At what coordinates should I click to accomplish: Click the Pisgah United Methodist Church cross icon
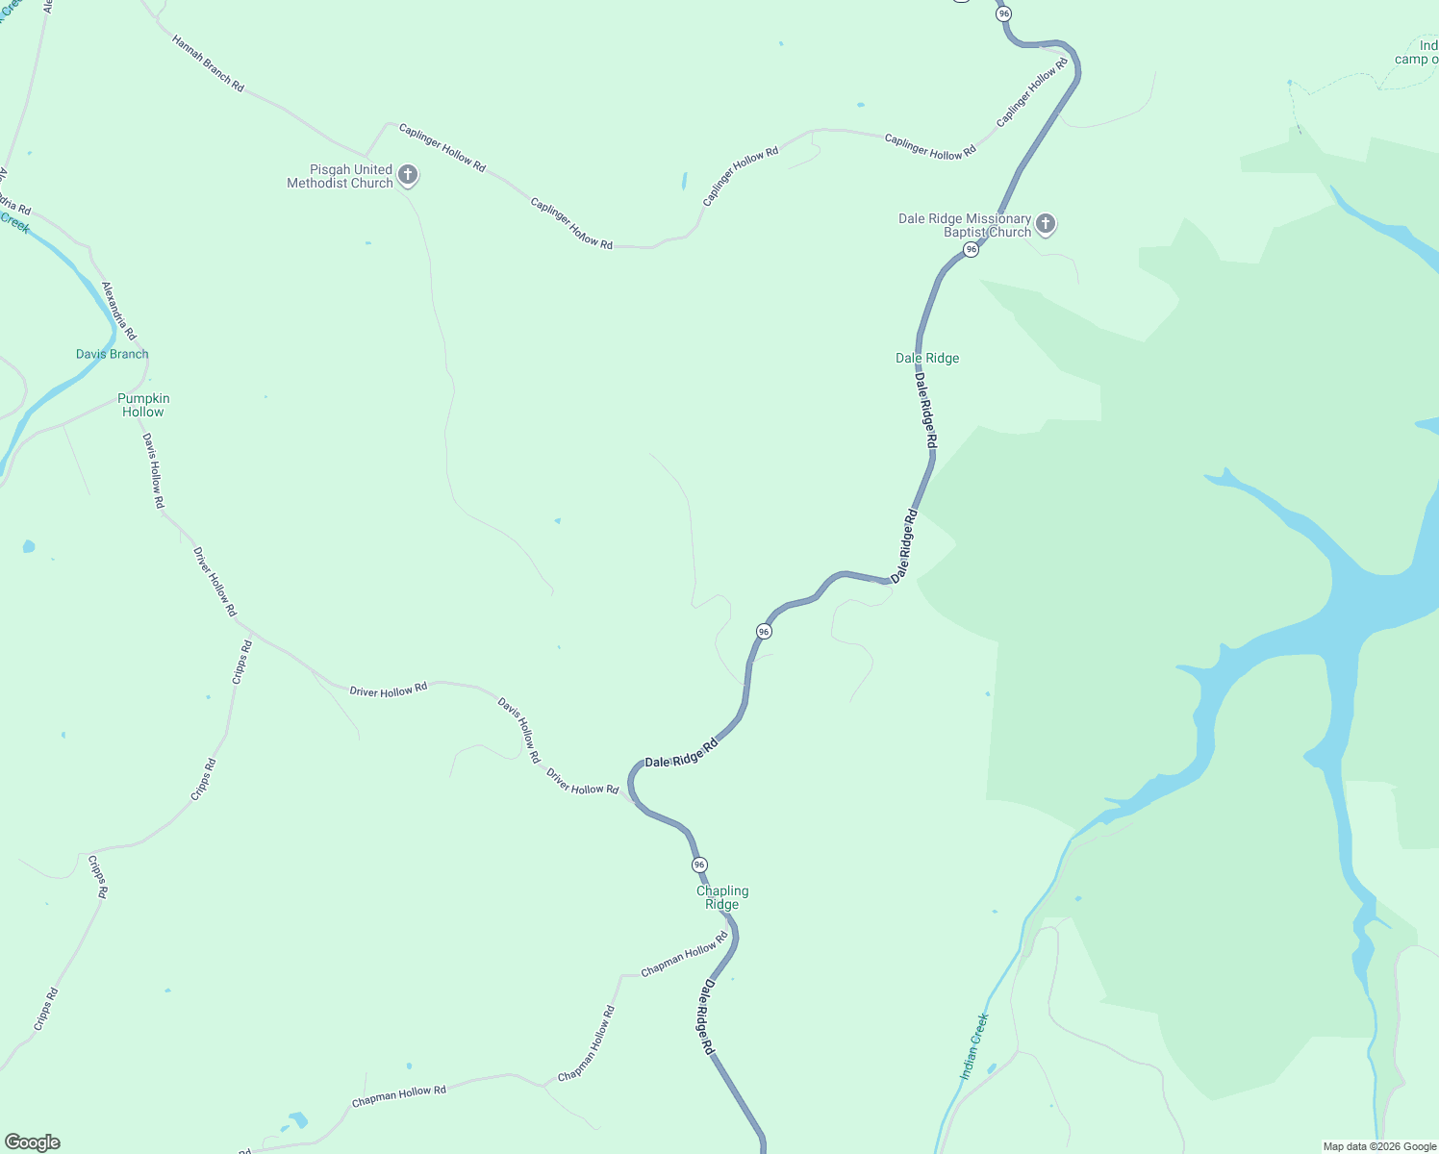click(408, 175)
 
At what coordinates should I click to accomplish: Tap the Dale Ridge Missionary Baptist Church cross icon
click(1046, 224)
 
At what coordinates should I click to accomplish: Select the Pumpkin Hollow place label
click(143, 405)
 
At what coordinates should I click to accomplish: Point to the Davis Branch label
click(113, 354)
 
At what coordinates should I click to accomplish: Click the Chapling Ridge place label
click(722, 897)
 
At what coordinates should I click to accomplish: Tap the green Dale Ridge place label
click(927, 358)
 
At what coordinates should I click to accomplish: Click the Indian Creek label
click(974, 1045)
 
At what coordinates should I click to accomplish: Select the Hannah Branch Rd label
click(208, 63)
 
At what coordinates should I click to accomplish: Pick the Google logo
click(33, 1142)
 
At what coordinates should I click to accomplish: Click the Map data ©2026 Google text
click(1379, 1146)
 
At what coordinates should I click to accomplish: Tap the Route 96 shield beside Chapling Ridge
click(699, 865)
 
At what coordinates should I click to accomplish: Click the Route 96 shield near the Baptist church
click(972, 250)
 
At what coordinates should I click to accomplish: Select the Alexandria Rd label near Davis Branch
click(119, 310)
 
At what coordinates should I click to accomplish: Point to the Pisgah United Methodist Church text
click(341, 176)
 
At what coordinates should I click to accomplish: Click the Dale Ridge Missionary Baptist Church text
click(965, 225)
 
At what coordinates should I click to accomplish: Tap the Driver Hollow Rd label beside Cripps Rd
click(215, 582)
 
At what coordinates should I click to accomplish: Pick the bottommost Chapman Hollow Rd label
click(399, 1095)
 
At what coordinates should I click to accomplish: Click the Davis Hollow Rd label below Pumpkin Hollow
click(154, 470)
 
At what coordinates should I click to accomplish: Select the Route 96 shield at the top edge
click(1004, 13)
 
